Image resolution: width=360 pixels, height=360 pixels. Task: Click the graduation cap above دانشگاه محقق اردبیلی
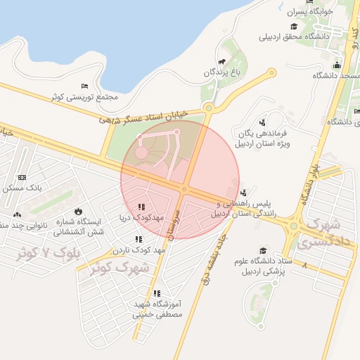click(287, 26)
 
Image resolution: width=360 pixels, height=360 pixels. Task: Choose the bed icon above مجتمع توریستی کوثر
click(84, 86)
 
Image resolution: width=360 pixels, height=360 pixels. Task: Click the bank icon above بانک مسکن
click(22, 177)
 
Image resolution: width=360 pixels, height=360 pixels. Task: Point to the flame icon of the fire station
click(77, 211)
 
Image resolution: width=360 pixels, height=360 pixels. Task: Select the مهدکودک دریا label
click(141, 218)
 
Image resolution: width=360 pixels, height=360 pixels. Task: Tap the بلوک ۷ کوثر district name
click(51, 252)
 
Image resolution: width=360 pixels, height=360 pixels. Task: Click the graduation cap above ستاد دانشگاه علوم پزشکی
click(263, 250)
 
